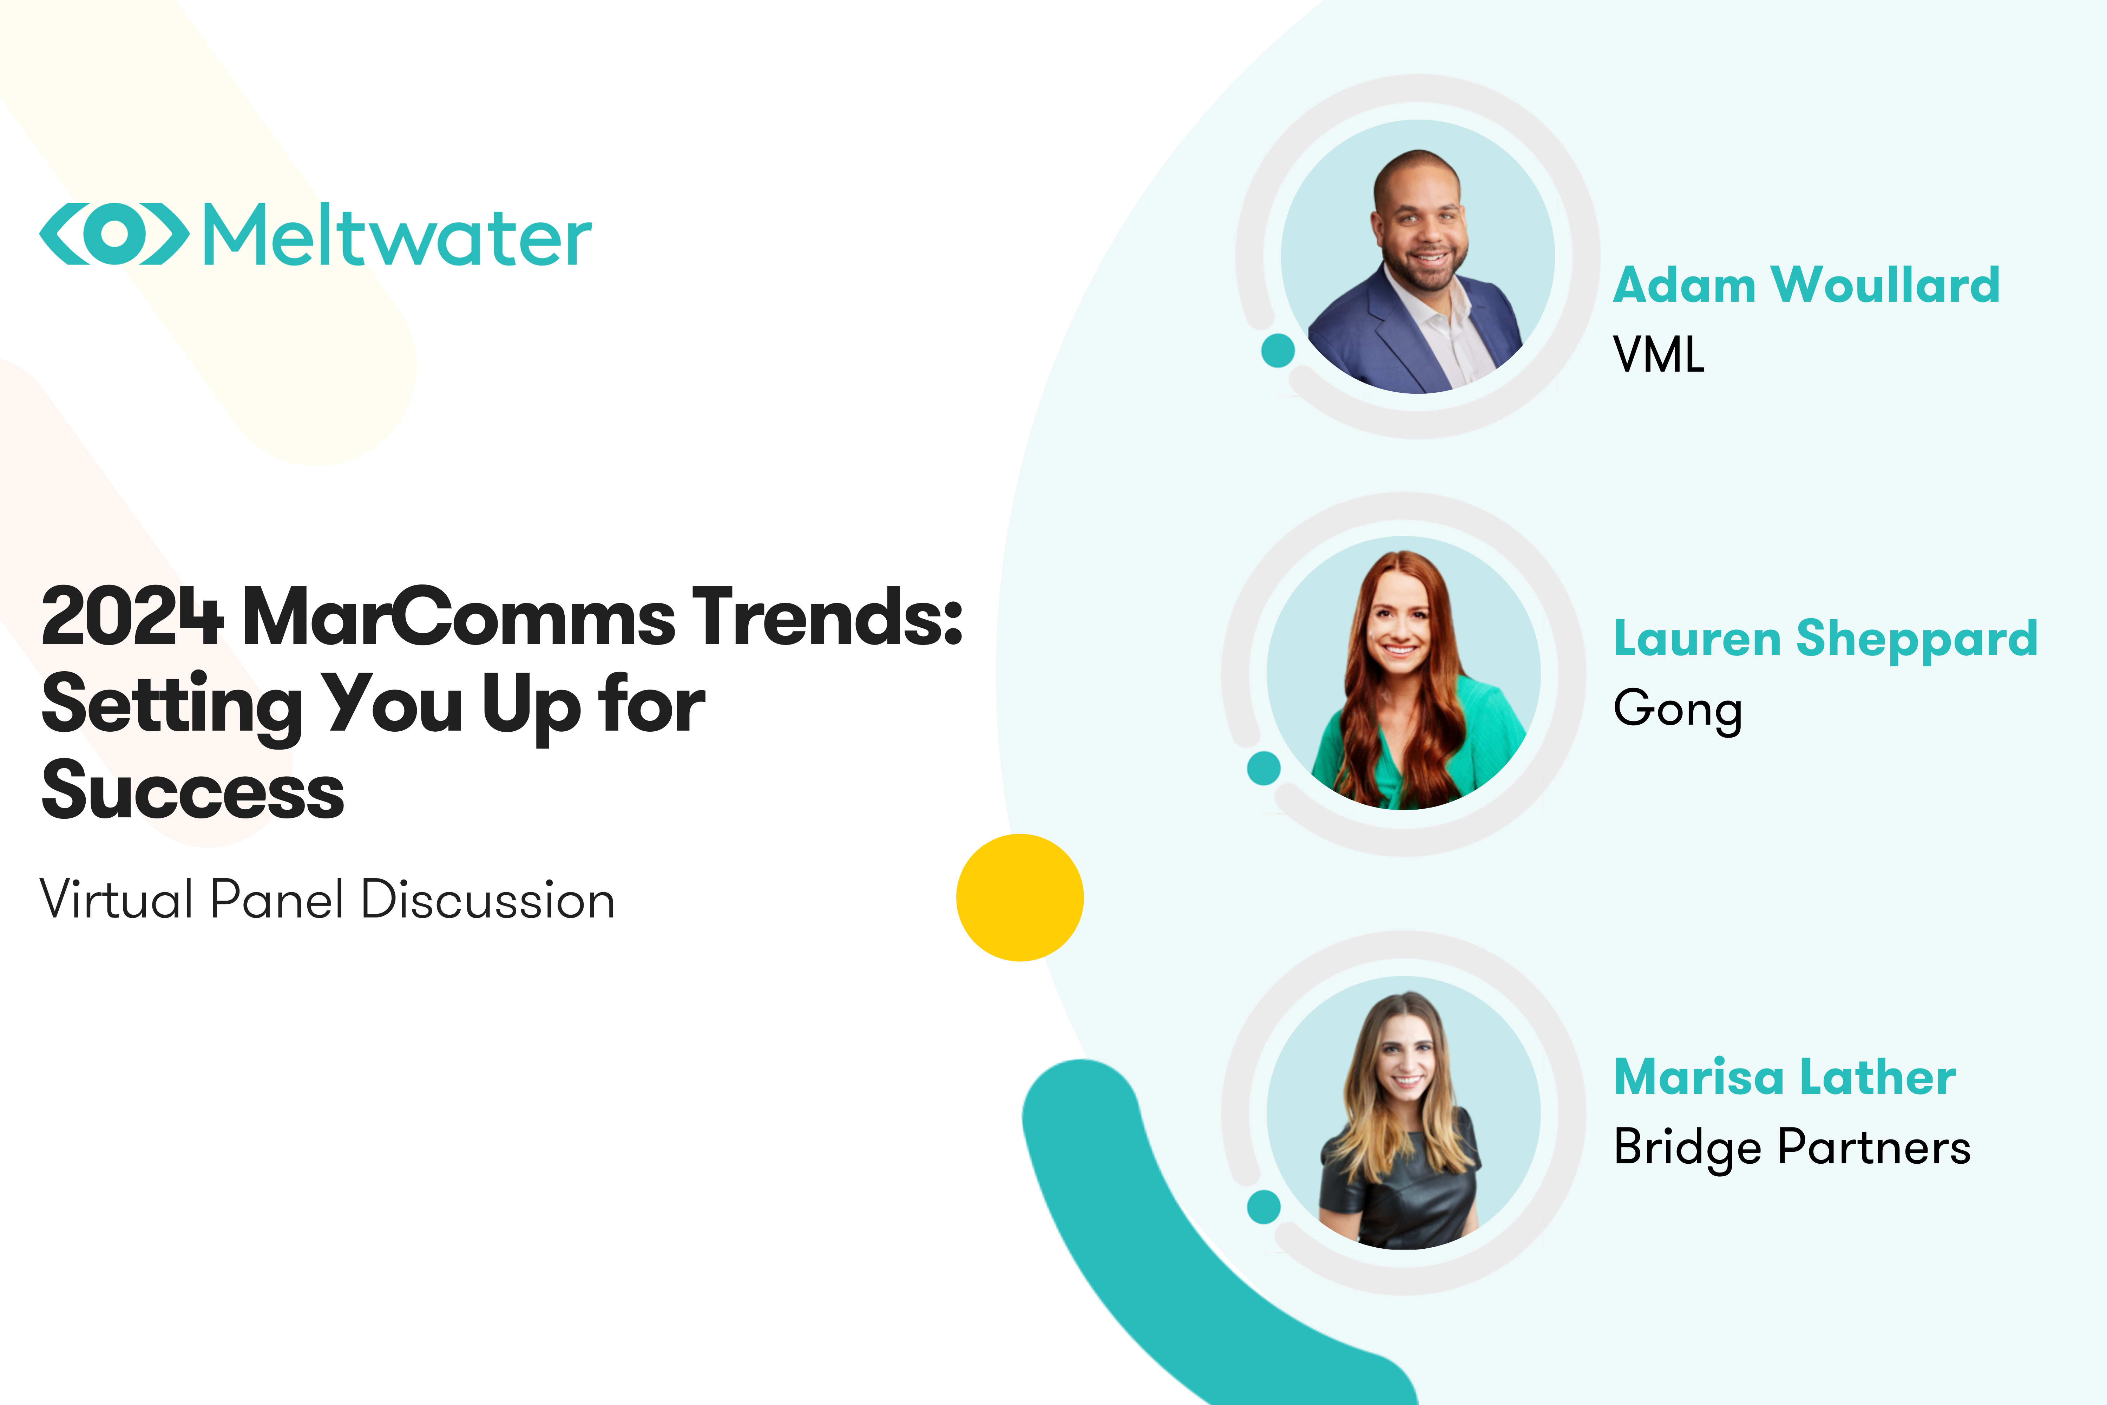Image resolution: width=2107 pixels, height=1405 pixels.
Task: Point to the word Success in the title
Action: pos(192,790)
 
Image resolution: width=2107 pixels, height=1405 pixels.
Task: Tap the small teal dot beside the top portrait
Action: pos(1278,350)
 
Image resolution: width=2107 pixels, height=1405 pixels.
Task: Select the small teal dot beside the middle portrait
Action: pos(1263,768)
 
